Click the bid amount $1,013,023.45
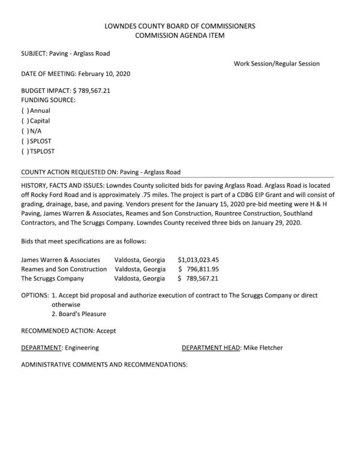pyautogui.click(x=199, y=260)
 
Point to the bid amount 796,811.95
pyautogui.click(x=202, y=269)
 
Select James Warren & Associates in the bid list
pyautogui.click(x=61, y=260)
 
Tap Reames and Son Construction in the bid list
pyautogui.click(x=64, y=269)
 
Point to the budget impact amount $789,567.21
pyautogui.click(x=100, y=90)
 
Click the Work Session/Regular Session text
pyautogui.click(x=277, y=64)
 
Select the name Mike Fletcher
pyautogui.click(x=263, y=348)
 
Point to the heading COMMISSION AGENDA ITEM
pyautogui.click(x=179, y=36)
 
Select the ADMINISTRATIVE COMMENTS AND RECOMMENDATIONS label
pyautogui.click(x=104, y=365)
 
